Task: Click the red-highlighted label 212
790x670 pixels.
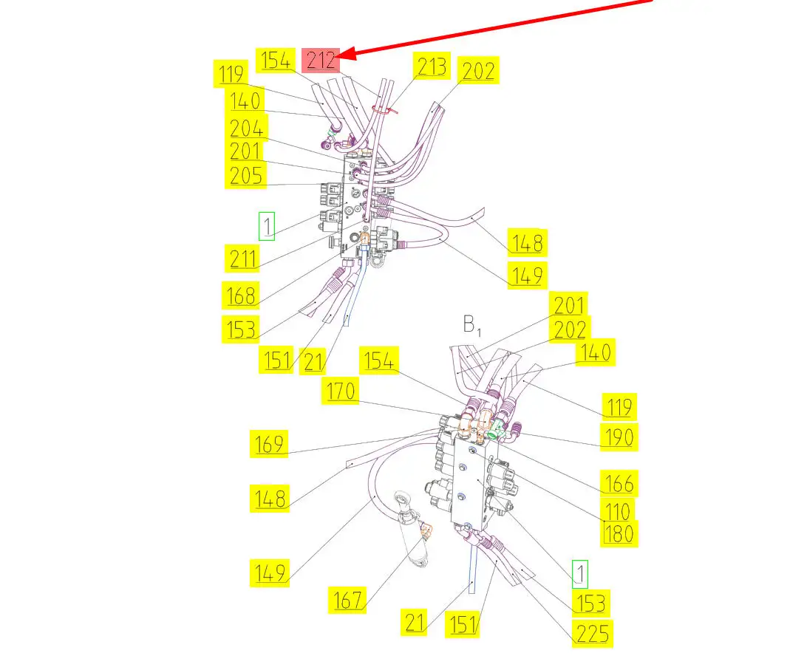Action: (321, 59)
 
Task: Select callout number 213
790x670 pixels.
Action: (432, 66)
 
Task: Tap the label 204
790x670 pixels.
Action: (246, 129)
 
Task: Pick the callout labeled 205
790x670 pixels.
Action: (246, 175)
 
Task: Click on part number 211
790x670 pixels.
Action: (244, 259)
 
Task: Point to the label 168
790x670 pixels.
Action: (241, 295)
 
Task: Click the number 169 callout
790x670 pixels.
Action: (268, 444)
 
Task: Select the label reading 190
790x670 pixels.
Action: (617, 437)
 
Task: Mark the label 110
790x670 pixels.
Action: (617, 510)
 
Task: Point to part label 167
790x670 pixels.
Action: (347, 600)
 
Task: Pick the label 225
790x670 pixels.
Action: (593, 633)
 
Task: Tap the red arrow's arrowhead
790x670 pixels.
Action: (346, 54)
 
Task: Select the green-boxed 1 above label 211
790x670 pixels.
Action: (267, 226)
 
